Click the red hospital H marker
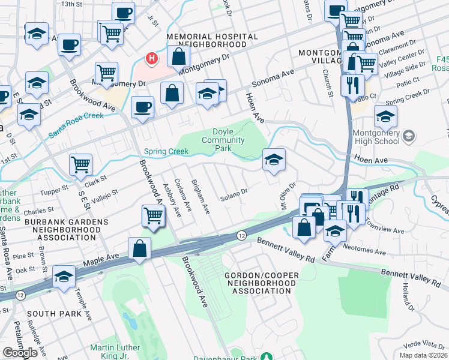[x=152, y=59]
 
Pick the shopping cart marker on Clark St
[x=80, y=164]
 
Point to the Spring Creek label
[x=164, y=151]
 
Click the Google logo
[x=20, y=353]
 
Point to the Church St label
[x=329, y=84]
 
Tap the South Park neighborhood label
[x=49, y=314]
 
